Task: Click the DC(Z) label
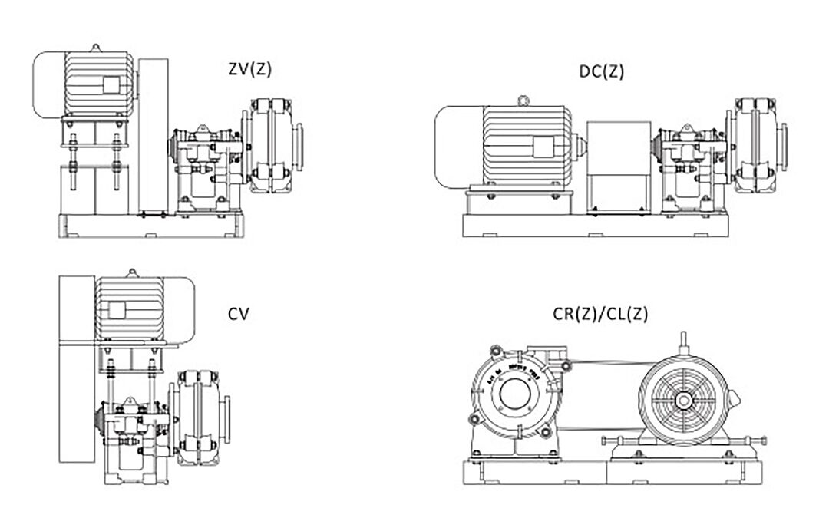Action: pos(601,72)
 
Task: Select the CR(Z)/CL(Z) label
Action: pos(601,313)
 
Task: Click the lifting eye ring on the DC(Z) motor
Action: pos(523,99)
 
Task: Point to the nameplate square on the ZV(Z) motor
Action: pos(111,85)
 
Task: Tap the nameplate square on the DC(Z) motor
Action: pos(543,146)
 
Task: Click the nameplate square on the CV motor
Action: pos(117,309)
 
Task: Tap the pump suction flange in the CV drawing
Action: pos(229,418)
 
